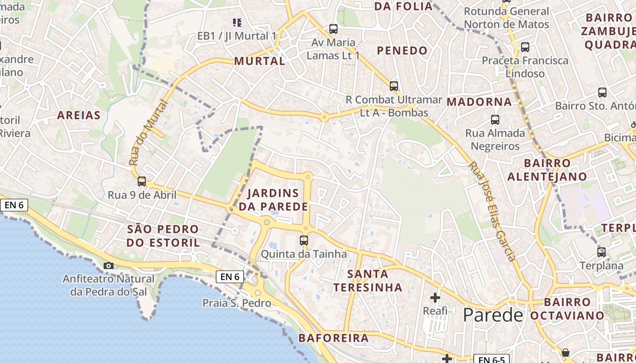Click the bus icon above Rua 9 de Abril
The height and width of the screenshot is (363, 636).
pyautogui.click(x=142, y=181)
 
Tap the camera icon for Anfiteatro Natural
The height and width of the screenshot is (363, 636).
pyautogui.click(x=108, y=265)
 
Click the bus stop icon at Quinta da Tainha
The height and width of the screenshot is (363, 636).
pyautogui.click(x=304, y=240)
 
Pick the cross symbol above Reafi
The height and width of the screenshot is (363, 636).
pyautogui.click(x=435, y=298)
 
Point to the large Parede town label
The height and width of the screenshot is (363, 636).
pyautogui.click(x=493, y=314)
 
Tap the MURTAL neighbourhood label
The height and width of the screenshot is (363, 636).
pyautogui.click(x=259, y=61)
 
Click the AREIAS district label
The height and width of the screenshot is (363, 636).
pyautogui.click(x=79, y=115)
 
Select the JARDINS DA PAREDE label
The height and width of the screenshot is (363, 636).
pyautogui.click(x=273, y=200)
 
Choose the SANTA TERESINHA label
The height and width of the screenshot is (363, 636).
pyautogui.click(x=368, y=280)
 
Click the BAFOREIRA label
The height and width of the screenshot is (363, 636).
pyautogui.click(x=333, y=338)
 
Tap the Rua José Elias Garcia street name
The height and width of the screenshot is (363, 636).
pyautogui.click(x=492, y=211)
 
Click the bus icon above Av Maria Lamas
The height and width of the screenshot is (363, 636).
pyautogui.click(x=333, y=29)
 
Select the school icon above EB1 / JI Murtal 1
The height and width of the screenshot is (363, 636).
pyautogui.click(x=237, y=22)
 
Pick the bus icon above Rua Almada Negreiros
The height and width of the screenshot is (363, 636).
pyautogui.click(x=495, y=120)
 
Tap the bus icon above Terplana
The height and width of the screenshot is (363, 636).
pyautogui.click(x=601, y=252)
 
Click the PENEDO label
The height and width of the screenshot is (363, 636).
pyautogui.click(x=402, y=50)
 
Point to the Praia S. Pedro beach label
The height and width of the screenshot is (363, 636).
pyautogui.click(x=237, y=303)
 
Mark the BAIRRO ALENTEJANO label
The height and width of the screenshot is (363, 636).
pyautogui.click(x=547, y=170)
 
